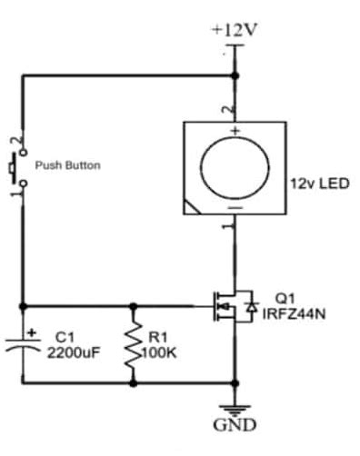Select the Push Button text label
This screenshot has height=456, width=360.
[67, 165]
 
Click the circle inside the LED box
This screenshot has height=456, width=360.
[235, 168]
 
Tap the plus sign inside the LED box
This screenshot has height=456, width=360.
[235, 133]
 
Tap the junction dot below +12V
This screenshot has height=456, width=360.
[235, 75]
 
